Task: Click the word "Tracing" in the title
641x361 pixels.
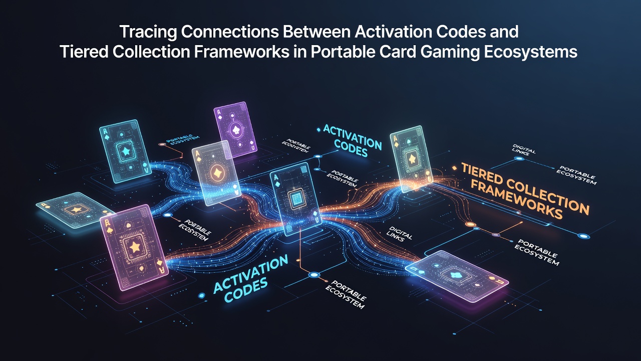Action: click(x=148, y=32)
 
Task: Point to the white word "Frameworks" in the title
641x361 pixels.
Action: click(x=241, y=52)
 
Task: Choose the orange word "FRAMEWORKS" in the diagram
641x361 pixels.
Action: click(x=516, y=200)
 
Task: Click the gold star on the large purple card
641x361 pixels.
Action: click(x=135, y=247)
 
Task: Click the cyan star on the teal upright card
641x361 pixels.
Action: click(x=125, y=150)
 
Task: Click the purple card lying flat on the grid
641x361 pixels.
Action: click(x=457, y=276)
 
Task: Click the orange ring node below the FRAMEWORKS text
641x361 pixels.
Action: click(x=470, y=224)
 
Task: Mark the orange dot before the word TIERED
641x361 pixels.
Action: click(x=454, y=168)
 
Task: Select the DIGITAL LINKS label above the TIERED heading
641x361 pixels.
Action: click(x=523, y=150)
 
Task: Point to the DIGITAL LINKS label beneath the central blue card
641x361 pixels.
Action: click(x=399, y=234)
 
